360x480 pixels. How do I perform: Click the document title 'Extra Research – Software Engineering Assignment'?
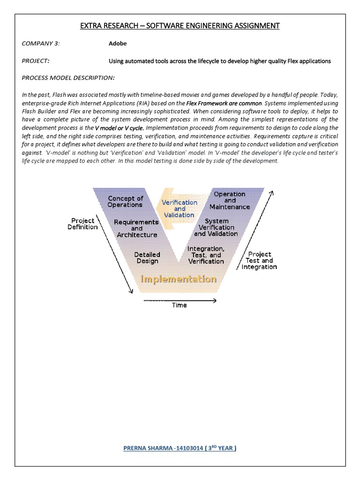coord(180,25)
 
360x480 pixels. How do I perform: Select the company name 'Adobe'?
coord(118,44)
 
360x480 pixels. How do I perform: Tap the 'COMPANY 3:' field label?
coord(41,44)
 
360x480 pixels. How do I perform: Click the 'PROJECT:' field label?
coord(36,61)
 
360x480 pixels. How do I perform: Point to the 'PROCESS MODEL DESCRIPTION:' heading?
coord(68,77)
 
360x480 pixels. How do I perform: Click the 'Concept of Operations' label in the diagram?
coord(125,202)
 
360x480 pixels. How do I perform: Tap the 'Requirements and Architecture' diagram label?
coord(136,228)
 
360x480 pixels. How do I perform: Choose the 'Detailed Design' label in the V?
coord(147,258)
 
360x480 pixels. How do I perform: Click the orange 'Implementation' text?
coord(179,279)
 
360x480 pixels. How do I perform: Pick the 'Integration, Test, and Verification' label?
coord(206,255)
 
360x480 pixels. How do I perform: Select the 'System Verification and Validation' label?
coord(216,227)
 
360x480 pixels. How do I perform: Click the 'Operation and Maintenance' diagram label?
coord(230,200)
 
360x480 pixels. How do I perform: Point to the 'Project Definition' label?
coord(82,224)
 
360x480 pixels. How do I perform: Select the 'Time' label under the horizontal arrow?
coord(179,305)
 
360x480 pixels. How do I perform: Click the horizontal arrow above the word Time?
coord(179,300)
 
